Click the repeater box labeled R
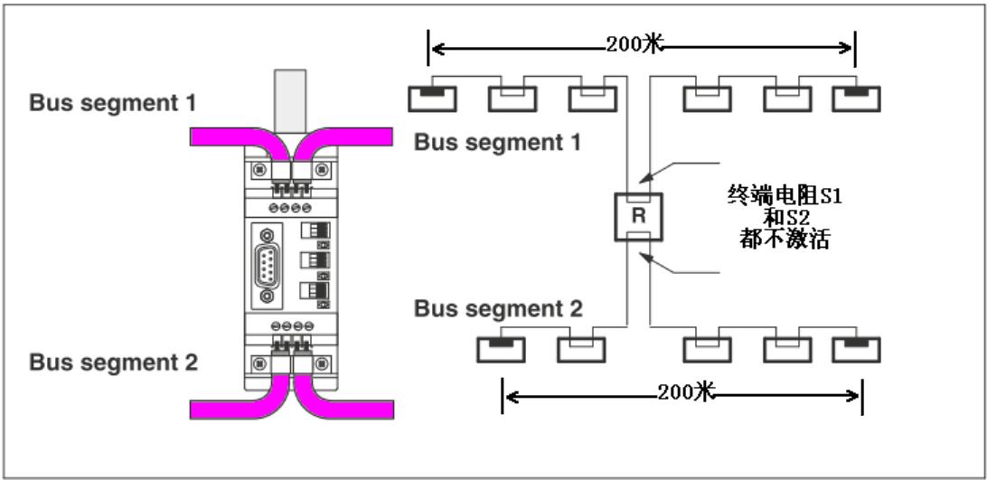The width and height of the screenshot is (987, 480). pos(638,217)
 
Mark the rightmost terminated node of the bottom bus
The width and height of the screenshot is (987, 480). pos(856,349)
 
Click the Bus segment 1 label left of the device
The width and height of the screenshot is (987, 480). pos(112,103)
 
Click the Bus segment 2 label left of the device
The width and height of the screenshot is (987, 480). pos(113,363)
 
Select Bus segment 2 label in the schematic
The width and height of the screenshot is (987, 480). pos(498,308)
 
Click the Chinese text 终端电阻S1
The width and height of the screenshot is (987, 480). pos(784,195)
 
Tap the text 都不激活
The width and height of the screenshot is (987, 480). pos(784,241)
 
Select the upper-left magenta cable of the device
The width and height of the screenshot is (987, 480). pos(226,136)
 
